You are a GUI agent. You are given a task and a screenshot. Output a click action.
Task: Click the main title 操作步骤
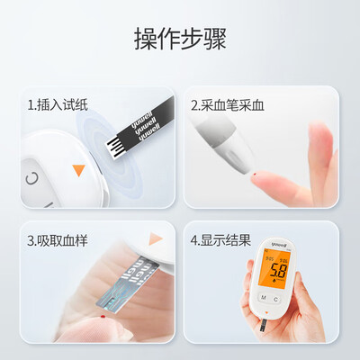pyautogui.click(x=180, y=39)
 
